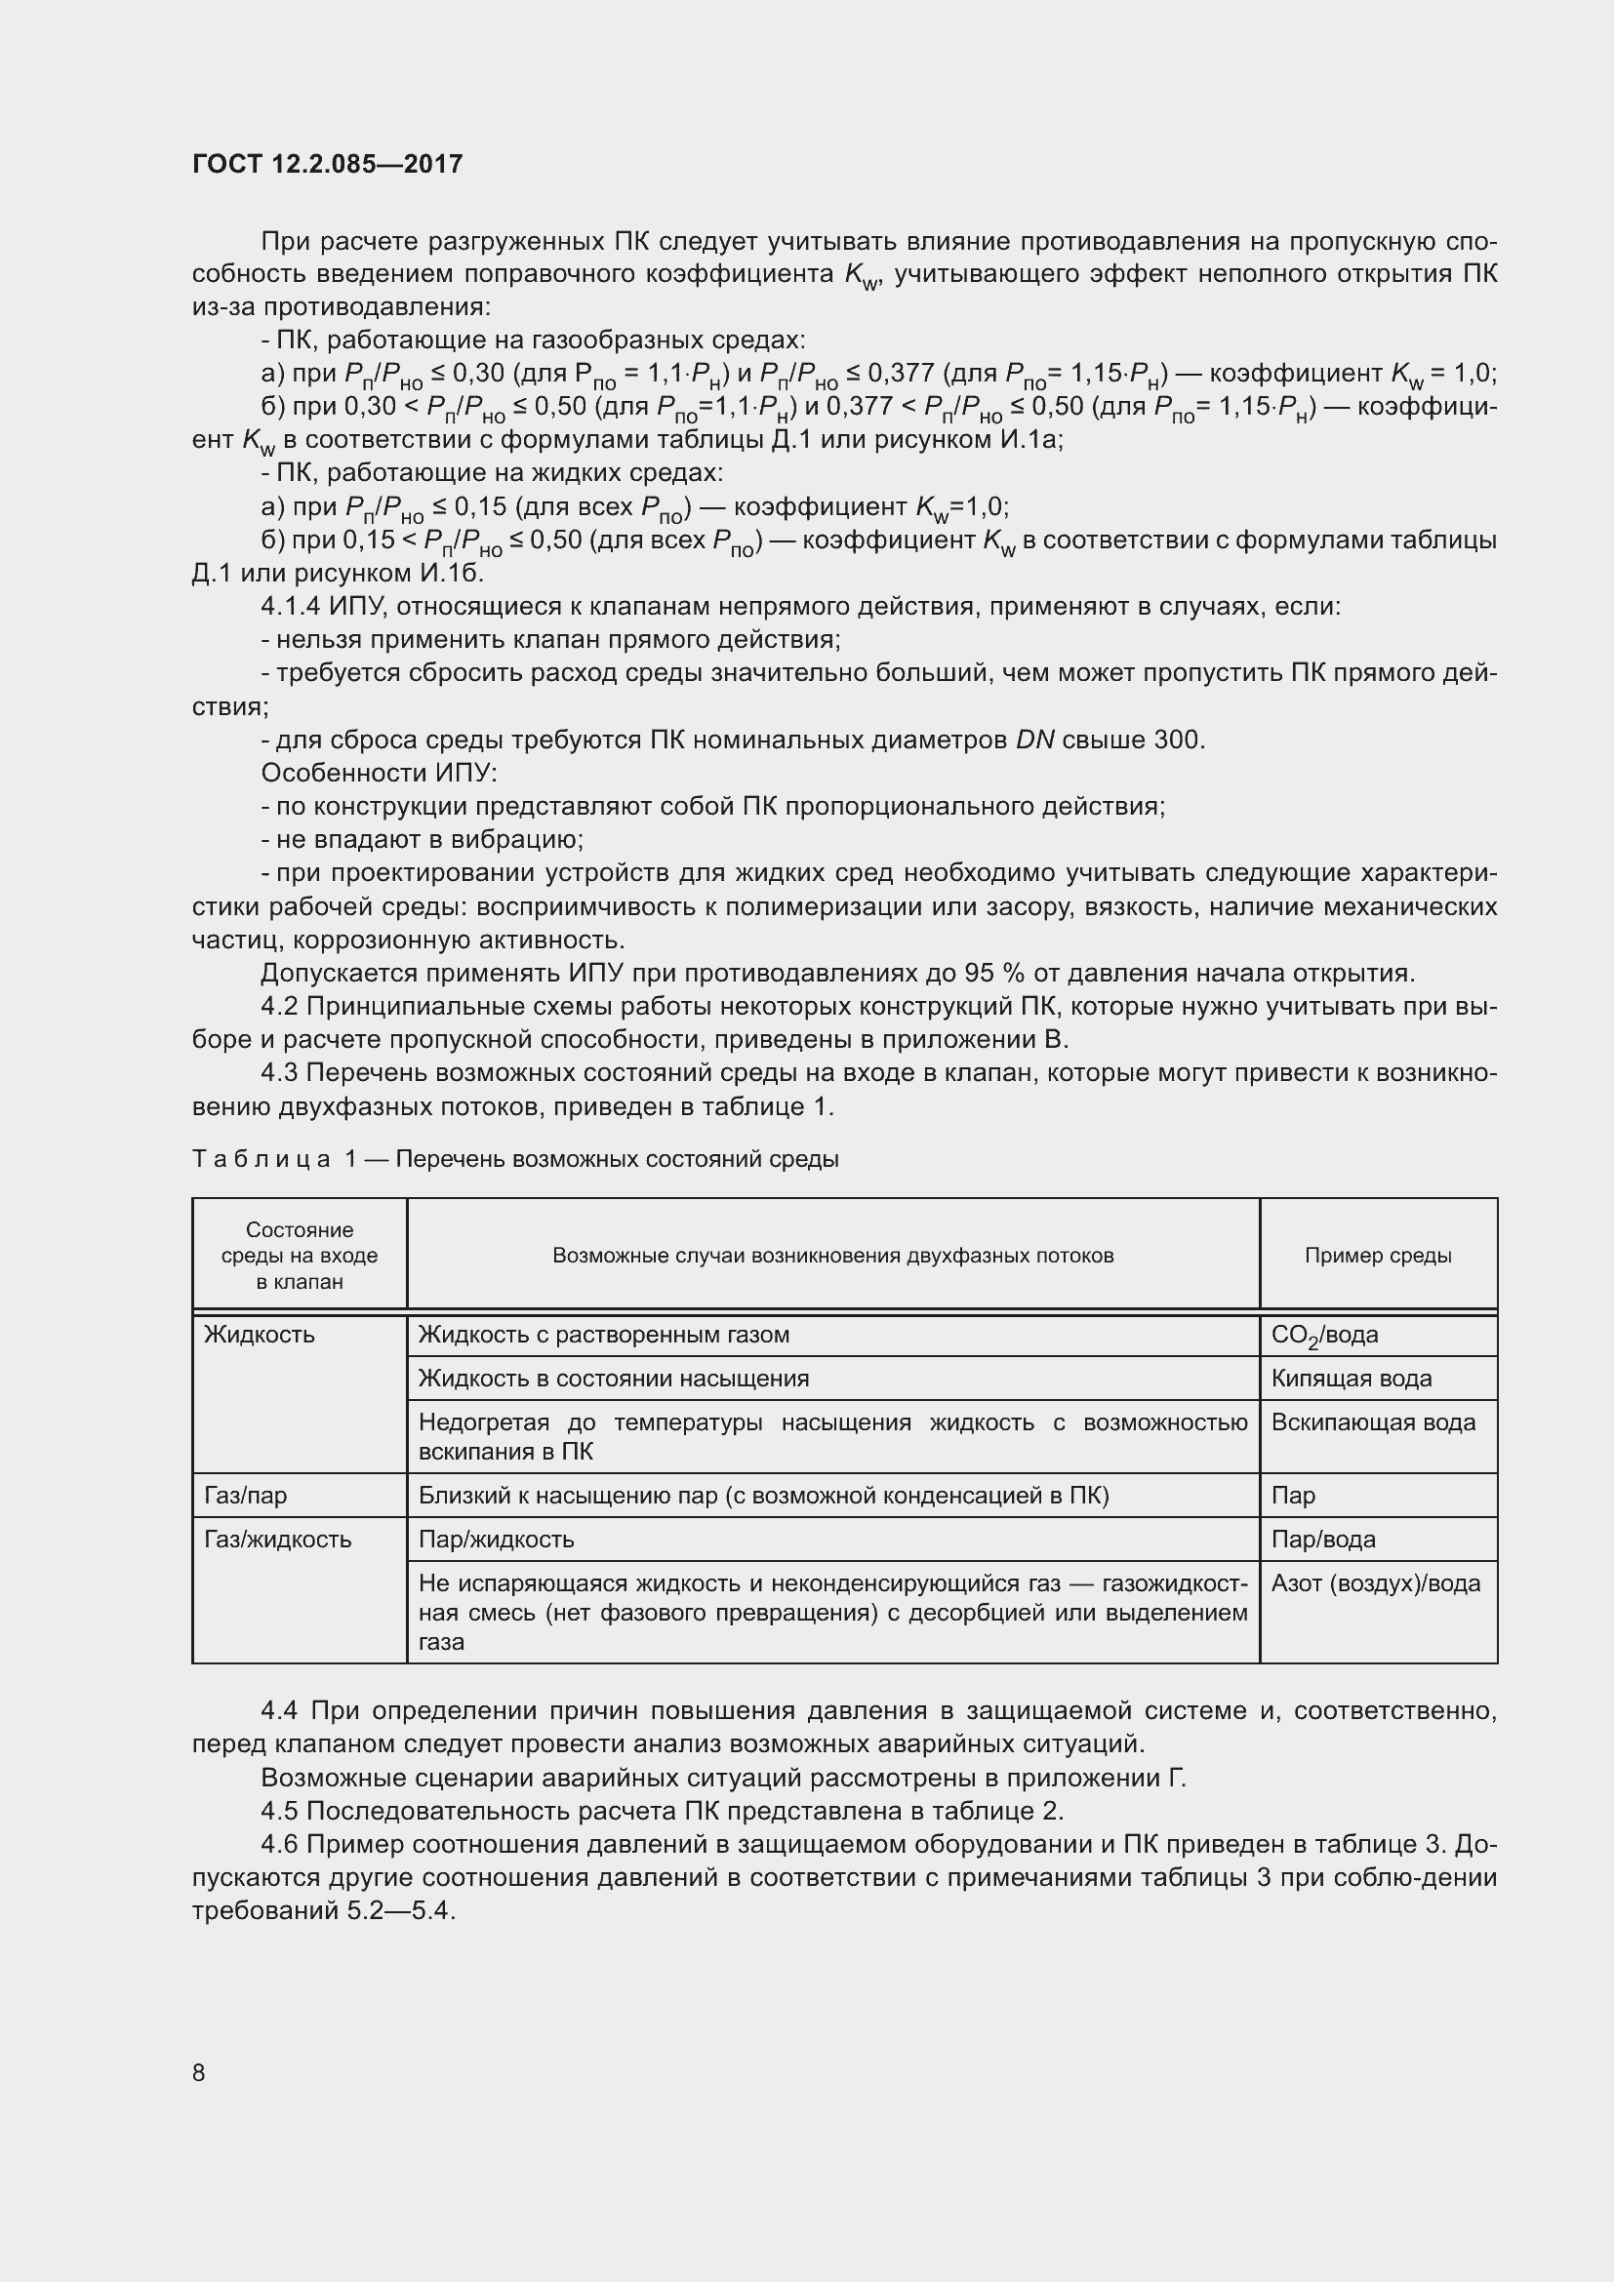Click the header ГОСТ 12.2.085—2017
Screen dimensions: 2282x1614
click(x=327, y=164)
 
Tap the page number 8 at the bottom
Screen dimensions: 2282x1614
click(x=199, y=2072)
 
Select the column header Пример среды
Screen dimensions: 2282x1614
click(x=1378, y=1256)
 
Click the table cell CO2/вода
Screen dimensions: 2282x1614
click(x=1324, y=1335)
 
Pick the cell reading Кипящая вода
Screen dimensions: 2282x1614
click(x=1351, y=1379)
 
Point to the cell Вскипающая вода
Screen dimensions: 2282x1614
click(x=1373, y=1422)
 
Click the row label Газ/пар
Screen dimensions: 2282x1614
click(x=246, y=1495)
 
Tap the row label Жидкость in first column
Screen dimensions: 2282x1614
click(x=259, y=1335)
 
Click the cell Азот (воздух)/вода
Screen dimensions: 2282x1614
click(x=1376, y=1583)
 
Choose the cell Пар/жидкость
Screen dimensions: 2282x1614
click(x=496, y=1539)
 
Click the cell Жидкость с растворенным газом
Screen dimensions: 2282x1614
click(x=603, y=1335)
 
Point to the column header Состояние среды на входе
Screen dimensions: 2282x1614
click(x=300, y=1256)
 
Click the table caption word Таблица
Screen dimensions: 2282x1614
click(x=262, y=1159)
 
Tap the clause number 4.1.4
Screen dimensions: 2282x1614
click(x=290, y=606)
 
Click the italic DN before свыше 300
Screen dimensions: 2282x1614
click(x=1034, y=740)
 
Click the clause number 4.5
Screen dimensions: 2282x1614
click(x=279, y=1810)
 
